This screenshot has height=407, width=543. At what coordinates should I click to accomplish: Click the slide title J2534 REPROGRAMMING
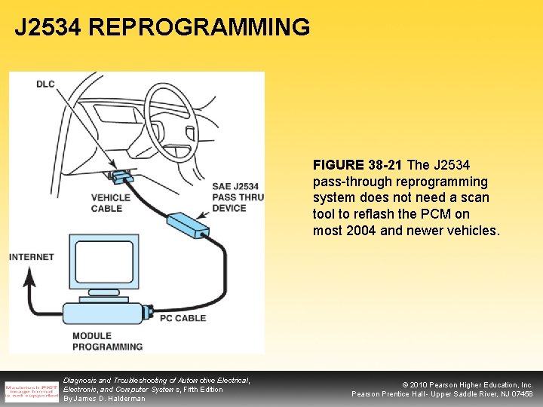pyautogui.click(x=162, y=28)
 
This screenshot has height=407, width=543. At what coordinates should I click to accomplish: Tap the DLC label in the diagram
pyautogui.click(x=45, y=84)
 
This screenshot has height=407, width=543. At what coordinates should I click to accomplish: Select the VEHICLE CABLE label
pyautogui.click(x=110, y=203)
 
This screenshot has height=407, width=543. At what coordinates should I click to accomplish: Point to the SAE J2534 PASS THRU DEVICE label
pyautogui.click(x=237, y=197)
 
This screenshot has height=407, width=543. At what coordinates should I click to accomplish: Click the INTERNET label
pyautogui.click(x=32, y=257)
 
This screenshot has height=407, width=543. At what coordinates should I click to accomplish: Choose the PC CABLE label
pyautogui.click(x=183, y=318)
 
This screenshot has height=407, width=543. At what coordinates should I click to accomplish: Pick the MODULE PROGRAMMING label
pyautogui.click(x=107, y=341)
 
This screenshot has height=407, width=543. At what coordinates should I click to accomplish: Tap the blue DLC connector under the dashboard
pyautogui.click(x=120, y=178)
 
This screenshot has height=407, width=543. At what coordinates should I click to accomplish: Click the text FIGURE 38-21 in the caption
pyautogui.click(x=358, y=164)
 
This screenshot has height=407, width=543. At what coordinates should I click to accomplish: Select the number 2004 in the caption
pyautogui.click(x=362, y=231)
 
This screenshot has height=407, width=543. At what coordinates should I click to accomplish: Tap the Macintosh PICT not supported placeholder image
pyautogui.click(x=31, y=390)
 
